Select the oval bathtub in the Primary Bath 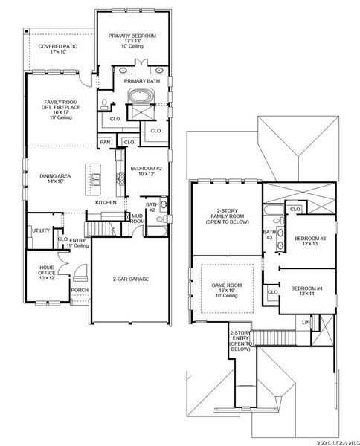point(141,96)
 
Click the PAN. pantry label point(106,142)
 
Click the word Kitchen point(106,202)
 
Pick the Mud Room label point(138,218)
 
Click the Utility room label point(40,230)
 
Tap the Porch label point(79,290)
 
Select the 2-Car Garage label point(131,279)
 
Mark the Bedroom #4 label point(306,291)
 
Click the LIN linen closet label point(306,321)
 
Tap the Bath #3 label point(269,235)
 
